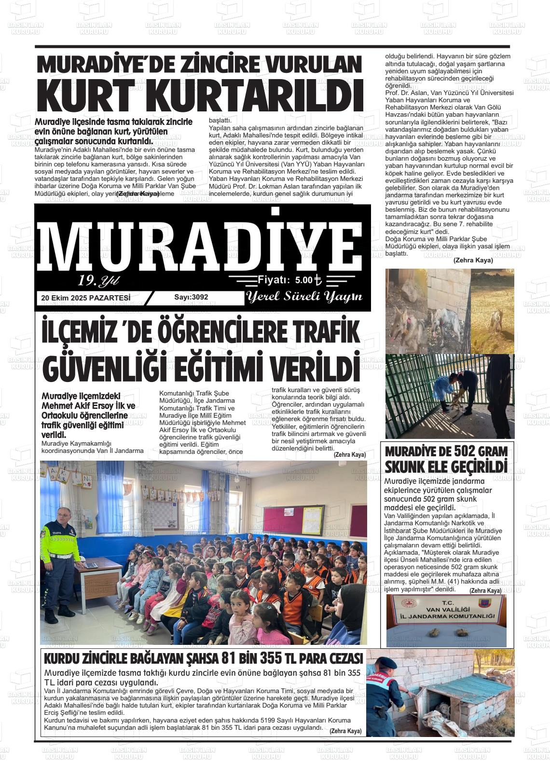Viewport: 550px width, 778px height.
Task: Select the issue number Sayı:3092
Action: [191, 297]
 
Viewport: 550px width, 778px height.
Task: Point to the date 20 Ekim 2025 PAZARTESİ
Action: [86, 298]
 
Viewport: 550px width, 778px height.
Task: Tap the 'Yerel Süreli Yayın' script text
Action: [304, 297]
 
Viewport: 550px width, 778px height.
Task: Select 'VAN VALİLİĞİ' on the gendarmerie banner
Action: [445, 609]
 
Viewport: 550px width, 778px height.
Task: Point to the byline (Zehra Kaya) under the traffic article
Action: [349, 455]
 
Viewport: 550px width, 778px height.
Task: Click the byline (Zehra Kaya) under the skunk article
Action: [485, 591]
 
